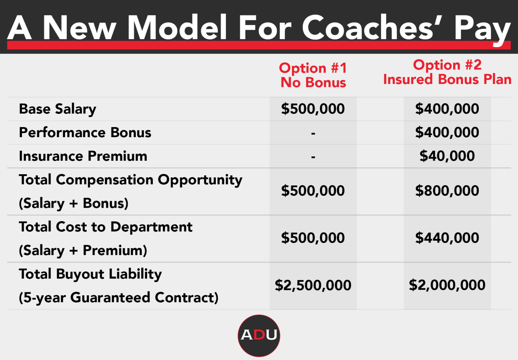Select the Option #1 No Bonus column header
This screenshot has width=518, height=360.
coord(313,75)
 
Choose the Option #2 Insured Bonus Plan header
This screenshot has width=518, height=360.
coord(447,72)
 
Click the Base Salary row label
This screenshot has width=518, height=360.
coord(58,109)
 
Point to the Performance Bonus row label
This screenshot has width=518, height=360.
coord(85,132)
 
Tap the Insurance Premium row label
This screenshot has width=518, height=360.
coord(83,156)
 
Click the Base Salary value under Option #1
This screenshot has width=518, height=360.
coord(313,109)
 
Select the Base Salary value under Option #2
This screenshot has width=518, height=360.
coord(447,109)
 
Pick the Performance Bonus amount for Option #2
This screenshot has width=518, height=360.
coord(447,132)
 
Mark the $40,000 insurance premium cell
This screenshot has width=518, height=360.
coord(447,156)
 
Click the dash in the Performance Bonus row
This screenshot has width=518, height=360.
coord(313,133)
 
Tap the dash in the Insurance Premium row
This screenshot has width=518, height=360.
coord(313,157)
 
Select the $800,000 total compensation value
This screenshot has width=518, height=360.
coord(447,191)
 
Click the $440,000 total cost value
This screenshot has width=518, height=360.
coord(447,238)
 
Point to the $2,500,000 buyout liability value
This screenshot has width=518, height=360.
coord(313,285)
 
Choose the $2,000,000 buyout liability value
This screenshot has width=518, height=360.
coord(447,285)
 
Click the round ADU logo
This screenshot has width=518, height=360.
coord(259,335)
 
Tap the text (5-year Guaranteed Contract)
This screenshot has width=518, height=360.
coord(119,298)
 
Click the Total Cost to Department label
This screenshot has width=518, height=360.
coord(106,227)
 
